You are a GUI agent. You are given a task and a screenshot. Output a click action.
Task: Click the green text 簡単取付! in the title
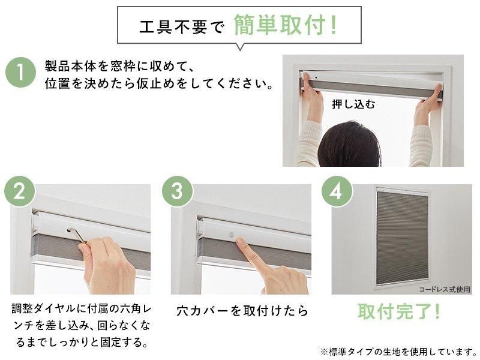pyautogui.click(x=284, y=26)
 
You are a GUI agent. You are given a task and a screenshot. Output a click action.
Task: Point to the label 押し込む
pyautogui.click(x=353, y=104)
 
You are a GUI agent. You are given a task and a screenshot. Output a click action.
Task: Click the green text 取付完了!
pyautogui.click(x=399, y=311)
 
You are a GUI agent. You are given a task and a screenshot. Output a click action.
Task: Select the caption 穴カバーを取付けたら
pyautogui.click(x=242, y=312)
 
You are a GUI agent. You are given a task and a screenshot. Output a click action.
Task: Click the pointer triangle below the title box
pyautogui.click(x=241, y=46)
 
